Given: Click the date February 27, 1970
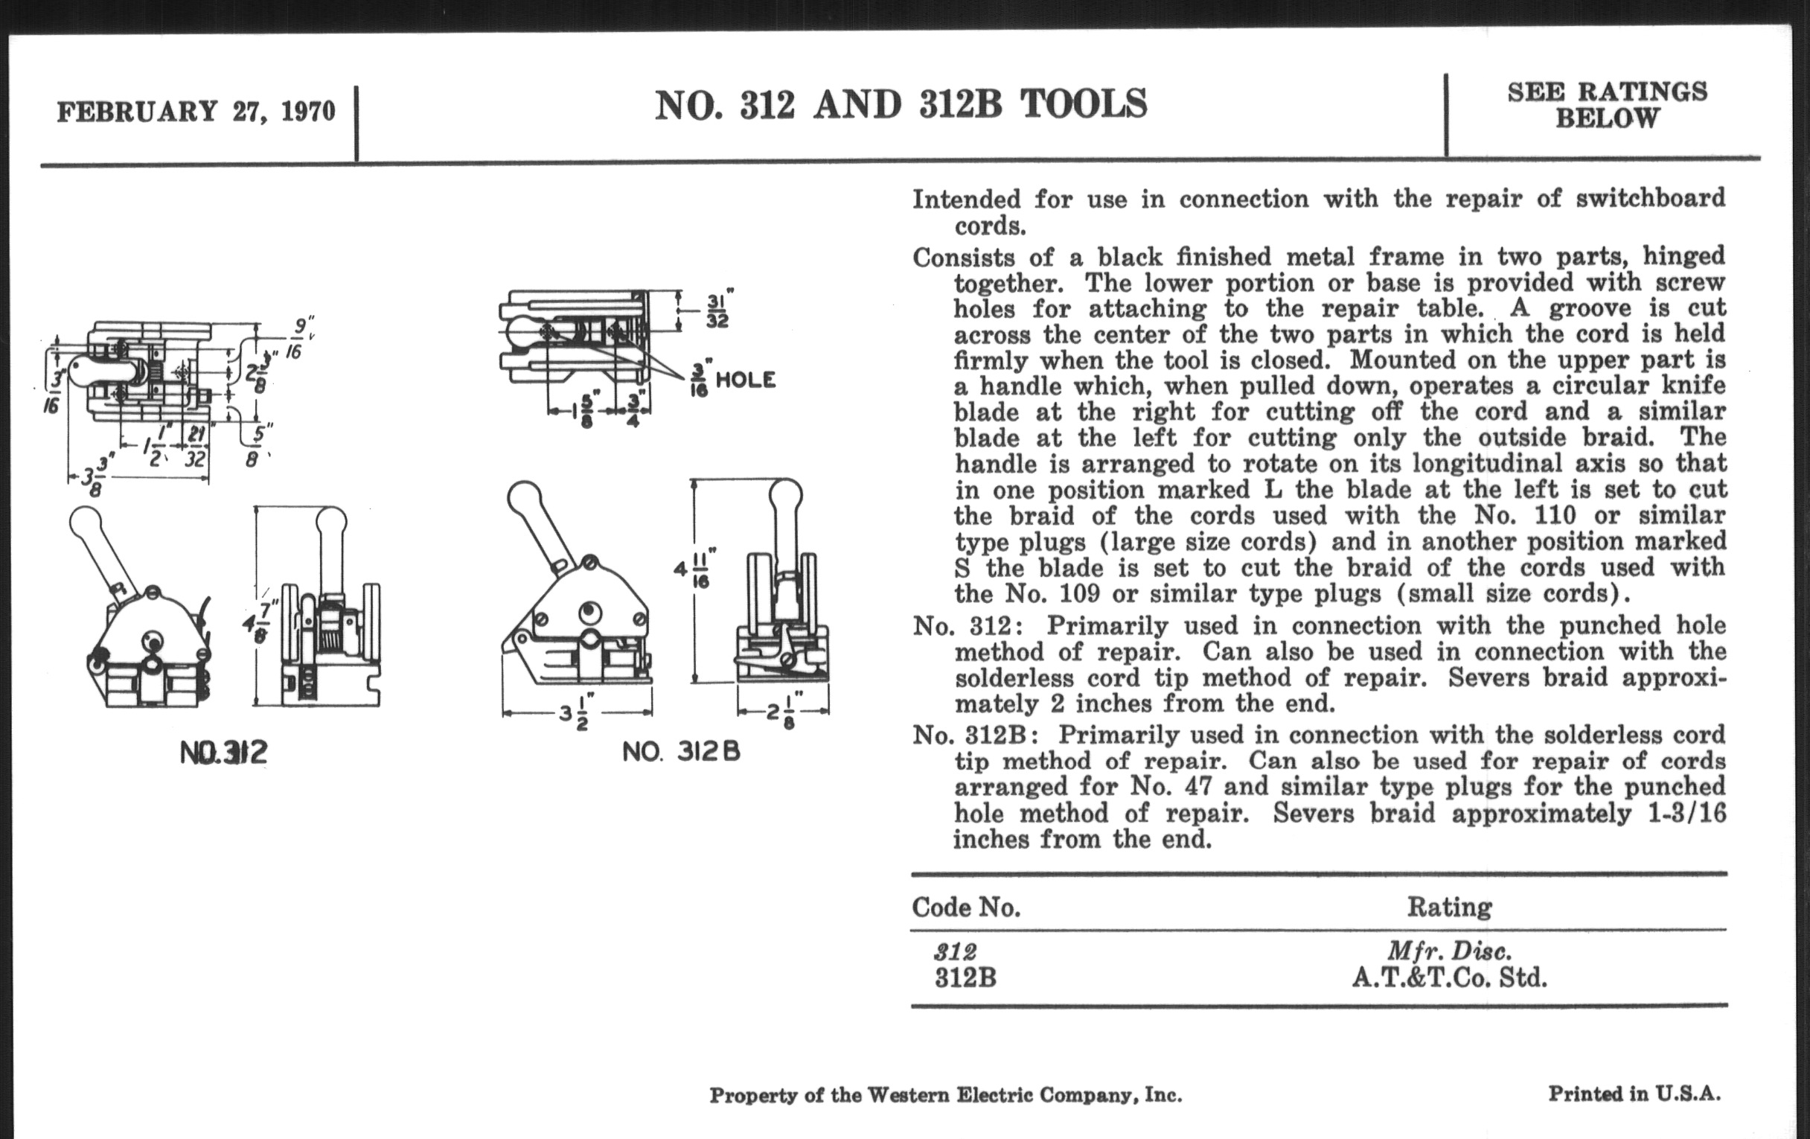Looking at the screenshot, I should (x=196, y=112).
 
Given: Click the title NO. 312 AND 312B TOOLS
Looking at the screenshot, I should (x=901, y=105).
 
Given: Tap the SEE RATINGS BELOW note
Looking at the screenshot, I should (x=1607, y=105).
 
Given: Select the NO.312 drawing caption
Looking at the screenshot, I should (x=224, y=753).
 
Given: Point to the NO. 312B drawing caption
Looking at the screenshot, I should (x=681, y=752).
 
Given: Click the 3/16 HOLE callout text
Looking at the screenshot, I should (x=733, y=380).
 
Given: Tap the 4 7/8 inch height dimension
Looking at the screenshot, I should (x=260, y=625).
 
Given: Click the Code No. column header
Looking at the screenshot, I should (x=966, y=907).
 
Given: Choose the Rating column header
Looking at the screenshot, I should (x=1448, y=907).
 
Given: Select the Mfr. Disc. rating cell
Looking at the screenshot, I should (x=1448, y=952).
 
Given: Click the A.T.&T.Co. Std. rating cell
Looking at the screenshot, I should (x=1448, y=977).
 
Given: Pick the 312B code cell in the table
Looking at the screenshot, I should (x=965, y=978).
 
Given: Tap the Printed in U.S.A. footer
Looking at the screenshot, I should (x=1634, y=1093).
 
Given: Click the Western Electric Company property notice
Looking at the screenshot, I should (x=945, y=1095).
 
